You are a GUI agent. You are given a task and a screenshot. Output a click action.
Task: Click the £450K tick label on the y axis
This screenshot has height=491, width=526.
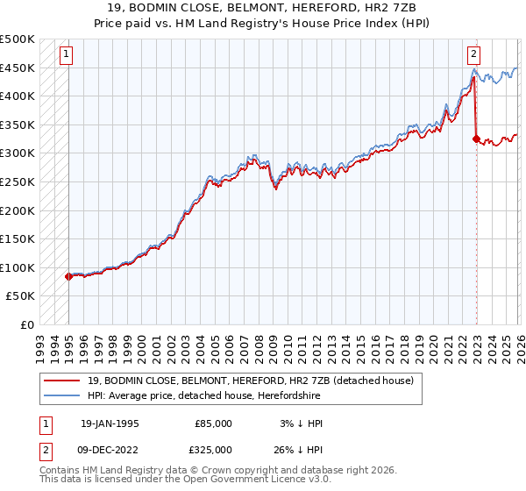(x=18, y=68)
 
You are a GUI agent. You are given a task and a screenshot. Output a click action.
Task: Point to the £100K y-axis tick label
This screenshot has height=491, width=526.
(x=18, y=267)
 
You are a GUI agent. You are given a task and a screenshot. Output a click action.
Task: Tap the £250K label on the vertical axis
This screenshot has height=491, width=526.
(x=18, y=181)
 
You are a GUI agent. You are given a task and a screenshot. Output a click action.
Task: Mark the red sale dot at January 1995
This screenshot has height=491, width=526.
(x=68, y=276)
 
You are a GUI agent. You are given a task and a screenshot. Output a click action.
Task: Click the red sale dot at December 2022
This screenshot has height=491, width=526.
(x=476, y=139)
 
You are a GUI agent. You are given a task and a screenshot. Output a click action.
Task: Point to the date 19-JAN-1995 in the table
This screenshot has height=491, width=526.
(x=110, y=423)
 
